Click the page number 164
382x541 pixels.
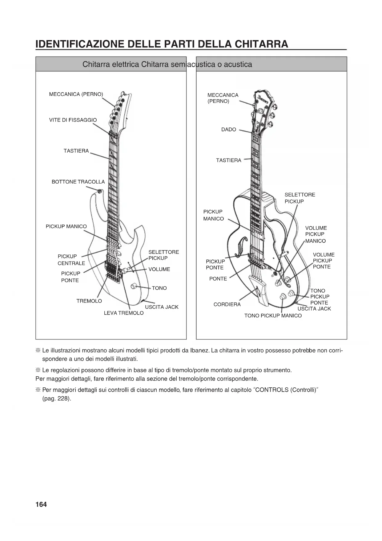tap(41, 504)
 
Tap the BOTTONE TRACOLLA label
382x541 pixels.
tap(78, 182)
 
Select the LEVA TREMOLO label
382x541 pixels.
tap(124, 313)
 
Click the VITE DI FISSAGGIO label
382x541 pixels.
tap(73, 120)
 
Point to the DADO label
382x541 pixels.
tap(229, 130)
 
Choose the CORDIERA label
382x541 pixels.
tap(227, 304)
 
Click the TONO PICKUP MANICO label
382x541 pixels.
tap(273, 316)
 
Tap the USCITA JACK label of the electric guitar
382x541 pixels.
tap(162, 307)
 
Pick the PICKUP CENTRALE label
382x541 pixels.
tap(71, 260)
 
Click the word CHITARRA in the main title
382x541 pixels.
tap(261, 44)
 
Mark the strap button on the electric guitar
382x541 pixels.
tap(99, 191)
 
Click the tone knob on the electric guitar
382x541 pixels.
tap(134, 286)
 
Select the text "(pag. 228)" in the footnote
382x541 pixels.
tap(57, 398)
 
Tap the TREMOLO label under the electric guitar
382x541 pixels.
tap(89, 301)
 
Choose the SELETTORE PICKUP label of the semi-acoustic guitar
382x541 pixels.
tap(300, 198)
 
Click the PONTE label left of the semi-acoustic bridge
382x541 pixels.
tap(218, 279)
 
